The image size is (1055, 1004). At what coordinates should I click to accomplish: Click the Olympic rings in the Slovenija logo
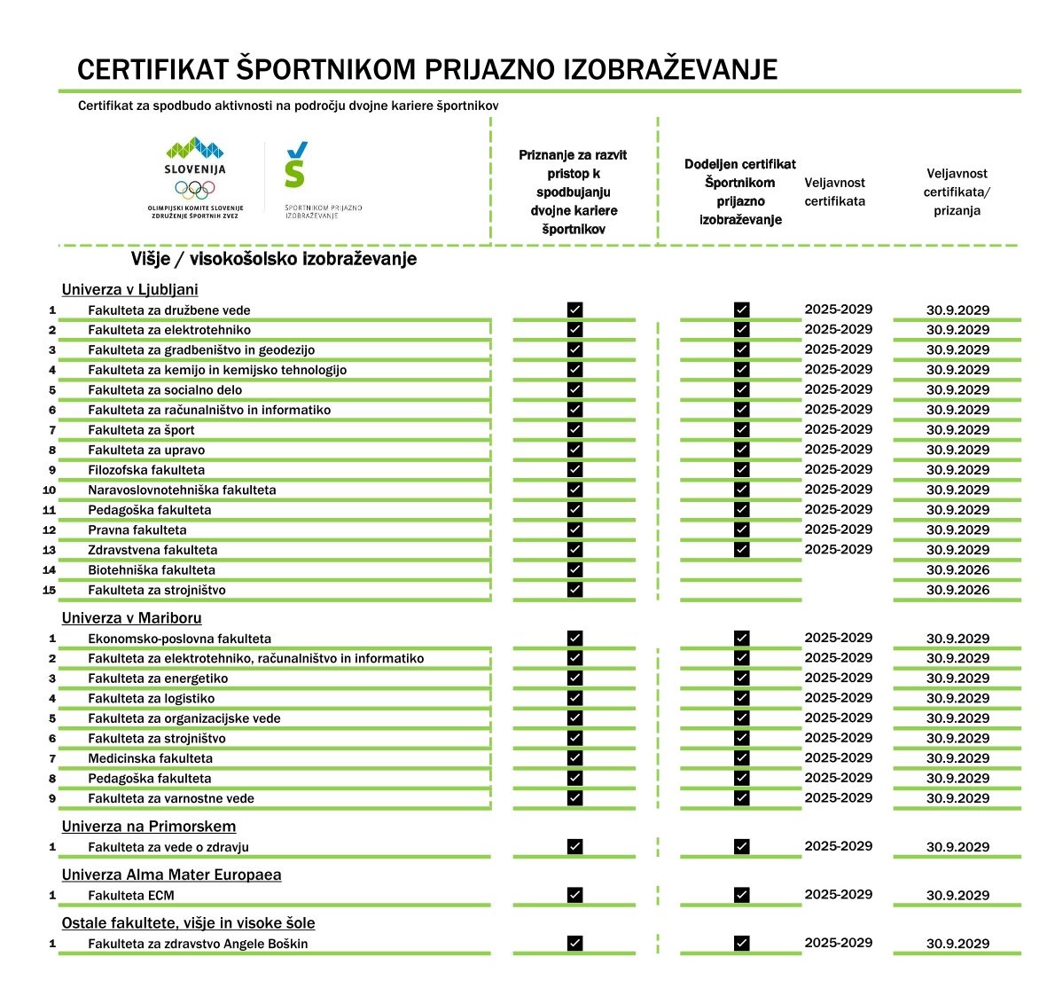195,189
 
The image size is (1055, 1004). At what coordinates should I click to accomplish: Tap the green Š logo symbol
296,166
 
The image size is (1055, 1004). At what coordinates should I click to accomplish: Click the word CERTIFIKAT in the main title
152,69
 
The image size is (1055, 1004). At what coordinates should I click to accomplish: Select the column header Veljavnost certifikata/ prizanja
957,192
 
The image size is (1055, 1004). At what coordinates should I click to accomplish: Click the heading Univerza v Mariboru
131,618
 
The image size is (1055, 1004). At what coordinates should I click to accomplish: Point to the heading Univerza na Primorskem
149,827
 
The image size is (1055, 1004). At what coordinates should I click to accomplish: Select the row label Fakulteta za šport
141,430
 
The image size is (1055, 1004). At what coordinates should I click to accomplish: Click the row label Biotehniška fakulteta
152,570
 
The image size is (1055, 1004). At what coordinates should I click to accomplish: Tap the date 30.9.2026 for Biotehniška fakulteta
957,570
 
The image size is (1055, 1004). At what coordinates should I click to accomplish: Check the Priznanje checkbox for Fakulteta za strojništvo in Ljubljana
574,590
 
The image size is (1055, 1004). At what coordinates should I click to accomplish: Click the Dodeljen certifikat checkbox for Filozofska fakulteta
742,470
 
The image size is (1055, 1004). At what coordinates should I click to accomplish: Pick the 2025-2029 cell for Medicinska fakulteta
838,758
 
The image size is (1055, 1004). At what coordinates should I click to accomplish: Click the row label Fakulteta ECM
131,896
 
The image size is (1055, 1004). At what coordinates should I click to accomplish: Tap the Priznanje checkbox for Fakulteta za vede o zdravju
574,847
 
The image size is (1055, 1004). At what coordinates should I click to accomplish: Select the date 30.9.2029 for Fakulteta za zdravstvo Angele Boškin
957,944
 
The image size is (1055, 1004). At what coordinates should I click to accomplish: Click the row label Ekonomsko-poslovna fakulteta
179,639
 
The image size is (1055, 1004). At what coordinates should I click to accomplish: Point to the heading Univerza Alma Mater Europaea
171,875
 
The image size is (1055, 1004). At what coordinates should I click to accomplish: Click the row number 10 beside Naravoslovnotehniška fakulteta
49,490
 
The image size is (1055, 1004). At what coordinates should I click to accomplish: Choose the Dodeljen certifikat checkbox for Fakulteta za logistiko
742,699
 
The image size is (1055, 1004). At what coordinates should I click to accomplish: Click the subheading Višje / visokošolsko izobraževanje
274,259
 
